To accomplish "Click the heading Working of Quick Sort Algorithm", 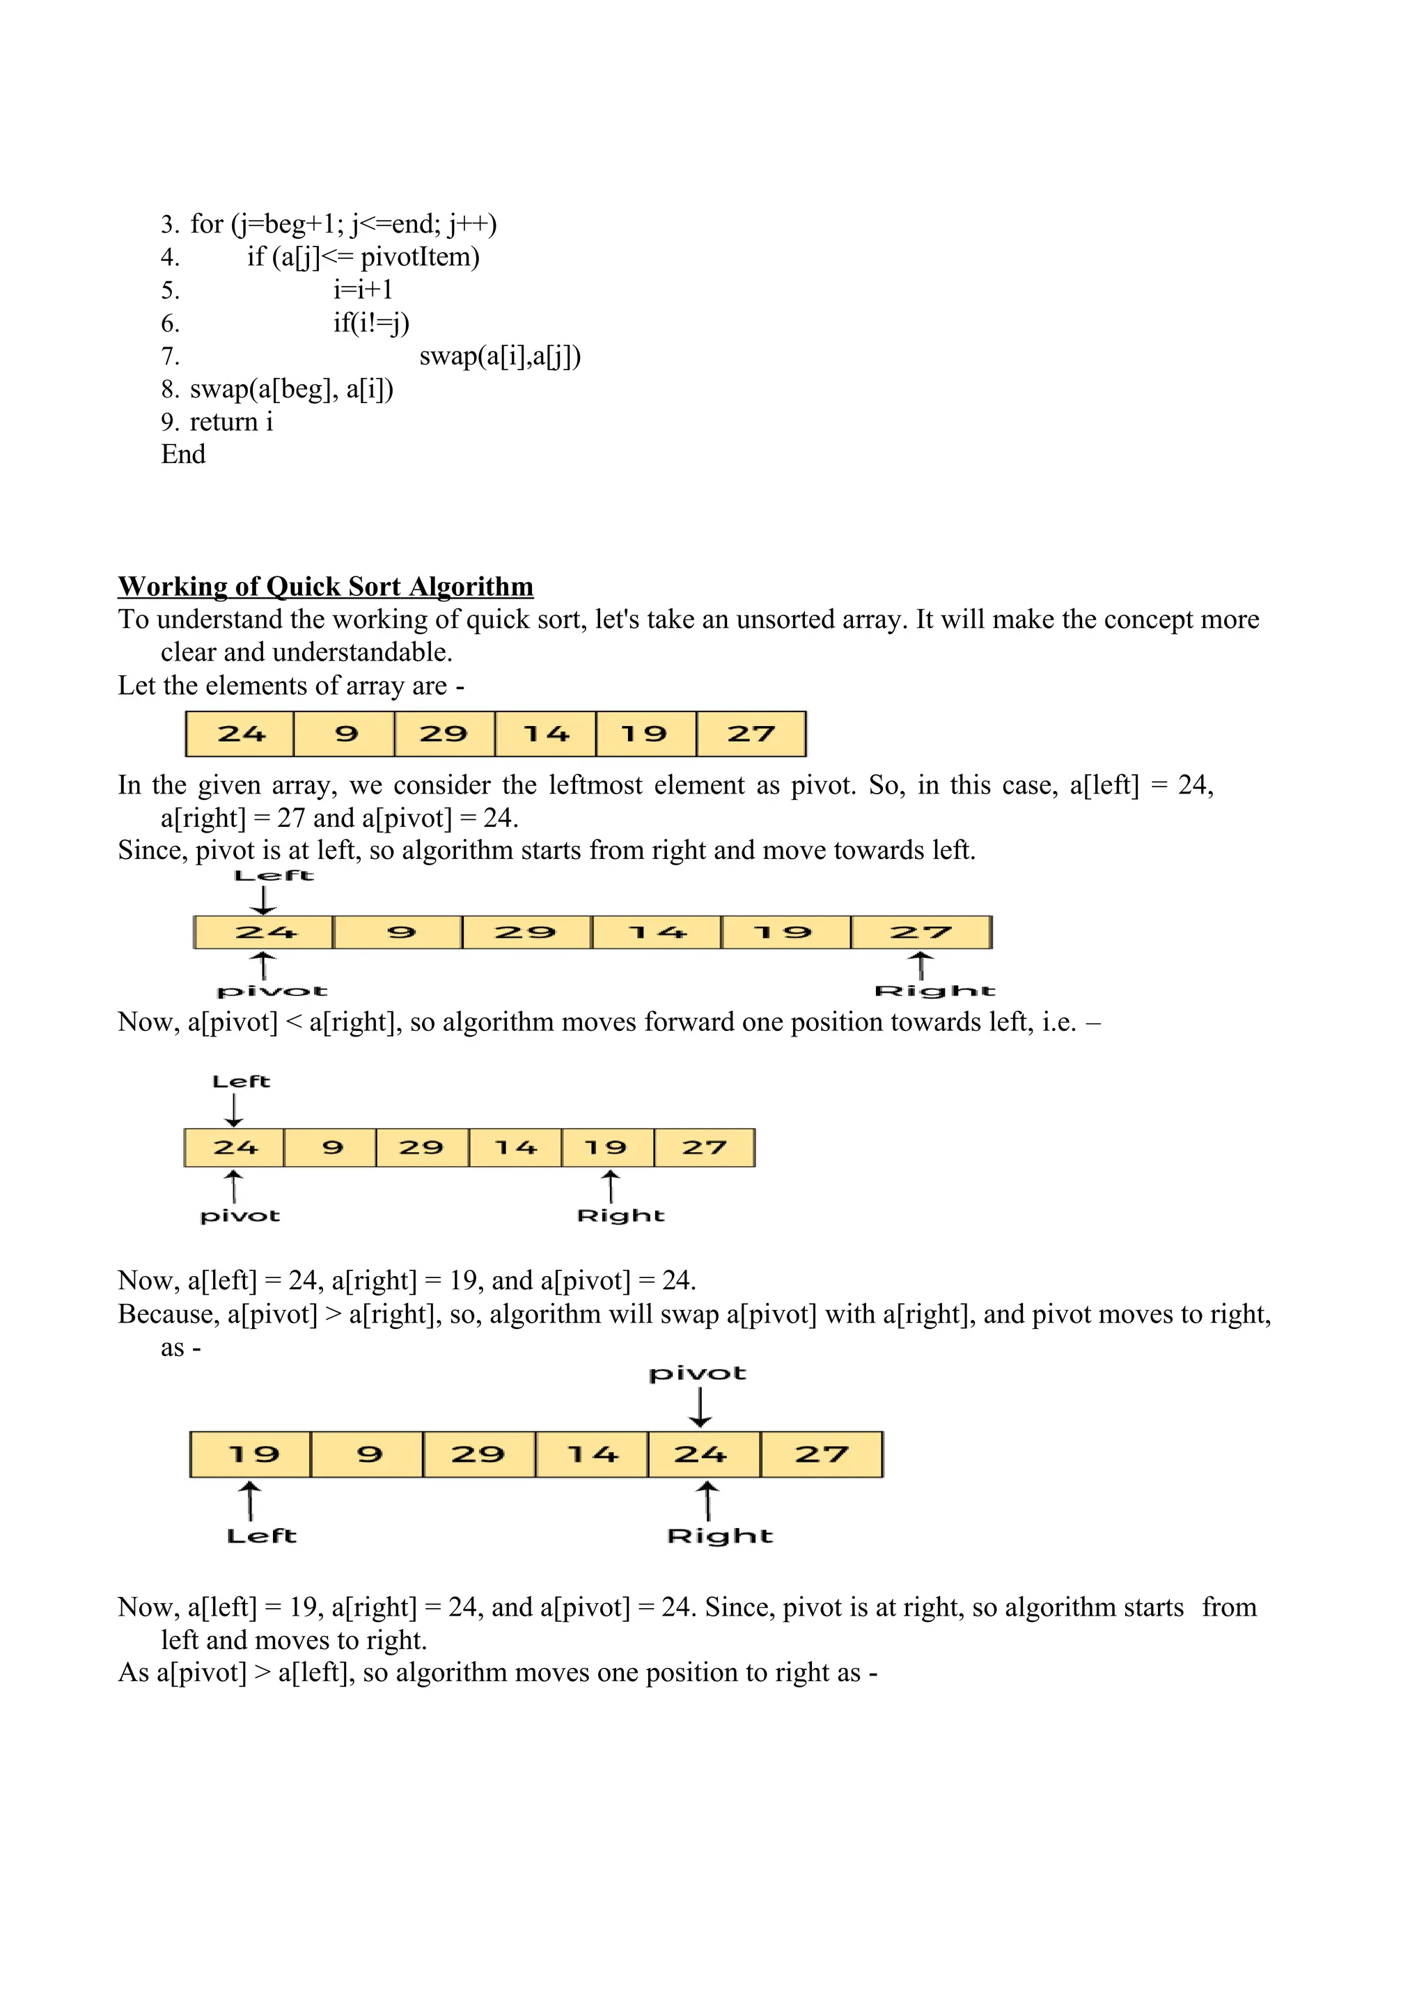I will pos(326,587).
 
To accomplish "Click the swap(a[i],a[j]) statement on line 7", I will pos(500,356).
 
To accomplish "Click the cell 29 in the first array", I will pos(444,734).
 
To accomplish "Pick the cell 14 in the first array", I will pos(545,734).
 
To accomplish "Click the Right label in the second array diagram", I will pos(934,991).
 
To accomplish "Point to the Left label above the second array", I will pos(274,876).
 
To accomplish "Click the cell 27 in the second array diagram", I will pos(920,933).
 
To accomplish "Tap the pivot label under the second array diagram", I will pos(272,991).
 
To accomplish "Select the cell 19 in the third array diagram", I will pos(606,1148).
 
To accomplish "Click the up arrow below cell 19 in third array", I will pos(610,1186).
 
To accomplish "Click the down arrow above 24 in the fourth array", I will pos(700,1408).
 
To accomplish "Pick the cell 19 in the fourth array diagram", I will pos(251,1455).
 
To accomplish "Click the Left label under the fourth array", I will pos(261,1536).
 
